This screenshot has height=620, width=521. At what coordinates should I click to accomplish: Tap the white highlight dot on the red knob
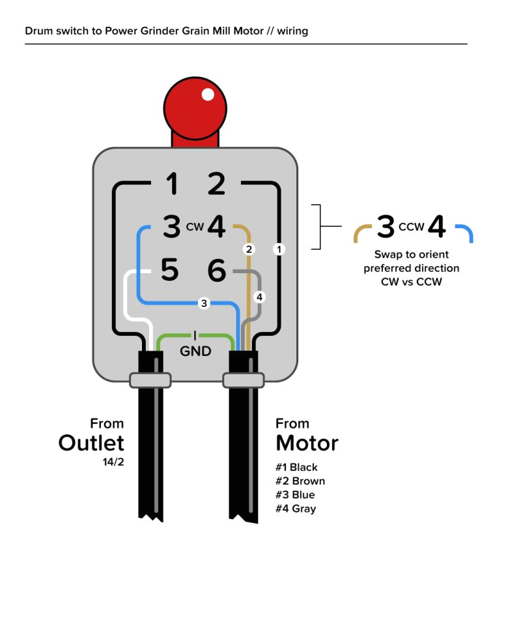(208, 95)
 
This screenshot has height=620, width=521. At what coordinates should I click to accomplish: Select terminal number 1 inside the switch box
(172, 184)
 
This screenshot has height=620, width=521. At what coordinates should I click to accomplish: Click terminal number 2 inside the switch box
(216, 184)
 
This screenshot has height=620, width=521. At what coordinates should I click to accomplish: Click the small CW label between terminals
(195, 228)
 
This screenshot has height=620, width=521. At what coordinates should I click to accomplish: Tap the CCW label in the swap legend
(411, 228)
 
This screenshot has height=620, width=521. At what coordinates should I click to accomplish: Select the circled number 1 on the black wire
(279, 249)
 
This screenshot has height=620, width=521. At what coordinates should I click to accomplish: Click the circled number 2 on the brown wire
(247, 249)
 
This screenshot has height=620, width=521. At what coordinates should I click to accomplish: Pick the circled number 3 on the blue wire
(204, 303)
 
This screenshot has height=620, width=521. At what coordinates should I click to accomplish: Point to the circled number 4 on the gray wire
(259, 297)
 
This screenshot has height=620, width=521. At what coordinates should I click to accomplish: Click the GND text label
(195, 351)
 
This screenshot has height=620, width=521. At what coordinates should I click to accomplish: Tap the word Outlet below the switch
(91, 443)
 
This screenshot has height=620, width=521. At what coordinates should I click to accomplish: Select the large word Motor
(307, 443)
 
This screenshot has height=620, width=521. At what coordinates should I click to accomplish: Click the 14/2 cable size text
(113, 463)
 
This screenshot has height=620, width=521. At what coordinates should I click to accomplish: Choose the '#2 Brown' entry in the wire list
(300, 481)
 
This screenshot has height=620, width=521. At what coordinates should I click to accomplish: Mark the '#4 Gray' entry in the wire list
(296, 509)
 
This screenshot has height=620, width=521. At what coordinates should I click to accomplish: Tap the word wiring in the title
(292, 31)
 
